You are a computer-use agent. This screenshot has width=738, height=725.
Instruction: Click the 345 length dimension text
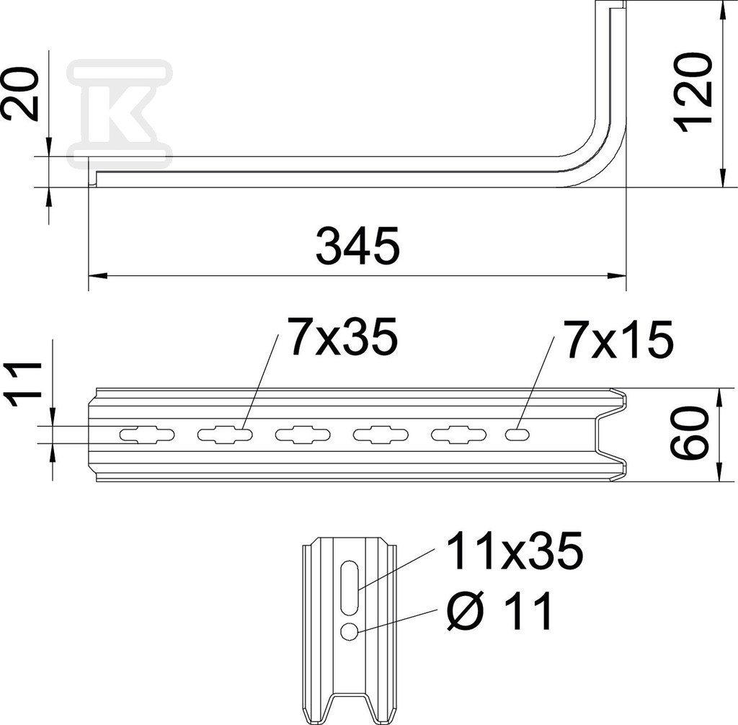click(x=357, y=246)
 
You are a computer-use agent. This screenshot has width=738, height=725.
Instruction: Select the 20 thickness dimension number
click(x=20, y=94)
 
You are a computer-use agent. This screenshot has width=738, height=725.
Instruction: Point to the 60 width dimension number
click(x=690, y=434)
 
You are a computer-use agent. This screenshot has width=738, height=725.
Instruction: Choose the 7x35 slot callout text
click(x=342, y=336)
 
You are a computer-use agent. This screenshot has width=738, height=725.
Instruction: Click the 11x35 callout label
click(x=515, y=550)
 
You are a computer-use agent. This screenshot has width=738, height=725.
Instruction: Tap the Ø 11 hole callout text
click(x=499, y=610)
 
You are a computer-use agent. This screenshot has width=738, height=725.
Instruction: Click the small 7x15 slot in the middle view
click(x=517, y=434)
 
